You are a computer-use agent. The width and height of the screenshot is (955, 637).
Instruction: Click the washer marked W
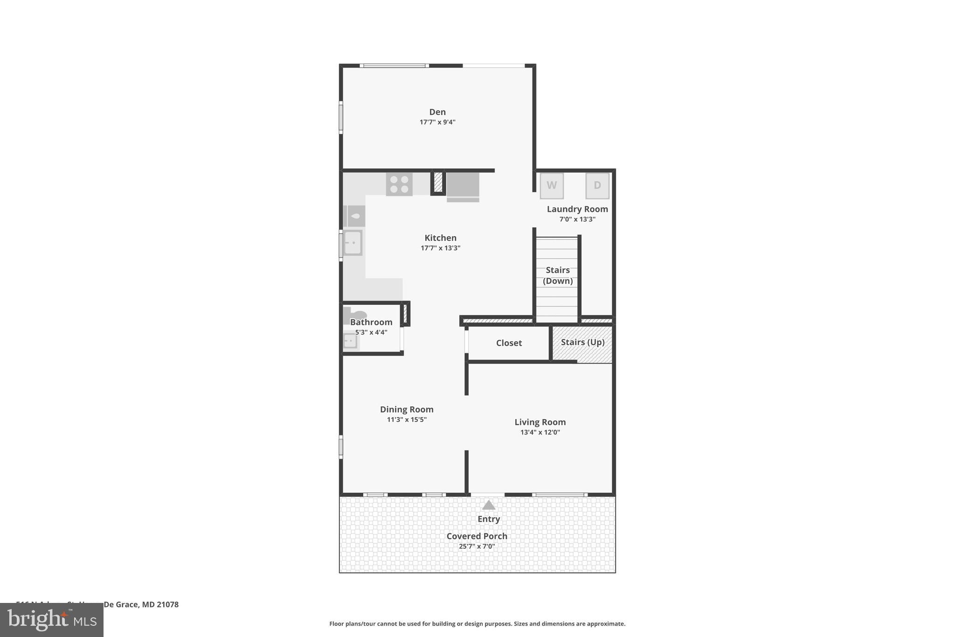[x=552, y=186]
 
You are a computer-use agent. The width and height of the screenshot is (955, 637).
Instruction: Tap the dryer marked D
[x=597, y=186]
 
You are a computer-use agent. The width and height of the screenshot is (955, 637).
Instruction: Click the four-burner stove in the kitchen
[x=399, y=184]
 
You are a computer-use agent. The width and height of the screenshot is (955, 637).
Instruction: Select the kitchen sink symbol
[x=353, y=243]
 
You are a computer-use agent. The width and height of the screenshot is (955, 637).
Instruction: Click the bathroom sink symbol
[x=350, y=341]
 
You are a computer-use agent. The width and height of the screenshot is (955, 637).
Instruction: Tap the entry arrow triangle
[x=488, y=505]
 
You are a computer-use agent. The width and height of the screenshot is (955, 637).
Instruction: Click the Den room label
[x=437, y=112]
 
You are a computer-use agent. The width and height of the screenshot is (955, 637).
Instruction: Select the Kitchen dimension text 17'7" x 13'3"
[x=440, y=248]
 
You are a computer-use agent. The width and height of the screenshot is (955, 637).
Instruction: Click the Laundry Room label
[x=577, y=209]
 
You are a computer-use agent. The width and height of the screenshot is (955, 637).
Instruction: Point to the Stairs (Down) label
[x=558, y=275]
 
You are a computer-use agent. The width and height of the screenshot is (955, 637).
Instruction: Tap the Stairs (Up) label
[x=582, y=342]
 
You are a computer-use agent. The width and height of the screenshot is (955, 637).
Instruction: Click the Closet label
[x=509, y=343]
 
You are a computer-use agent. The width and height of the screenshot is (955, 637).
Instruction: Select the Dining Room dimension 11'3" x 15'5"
[x=407, y=420]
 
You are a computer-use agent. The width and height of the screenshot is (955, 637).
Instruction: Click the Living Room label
[x=540, y=422]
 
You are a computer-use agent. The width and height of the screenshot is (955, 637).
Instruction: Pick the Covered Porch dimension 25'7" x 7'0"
[x=477, y=546]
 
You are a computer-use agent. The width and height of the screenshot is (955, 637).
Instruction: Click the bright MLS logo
[x=52, y=620]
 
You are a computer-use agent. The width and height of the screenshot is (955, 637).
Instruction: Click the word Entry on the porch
[x=488, y=519]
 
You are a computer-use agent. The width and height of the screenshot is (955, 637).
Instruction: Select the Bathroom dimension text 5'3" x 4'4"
[x=371, y=332]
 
